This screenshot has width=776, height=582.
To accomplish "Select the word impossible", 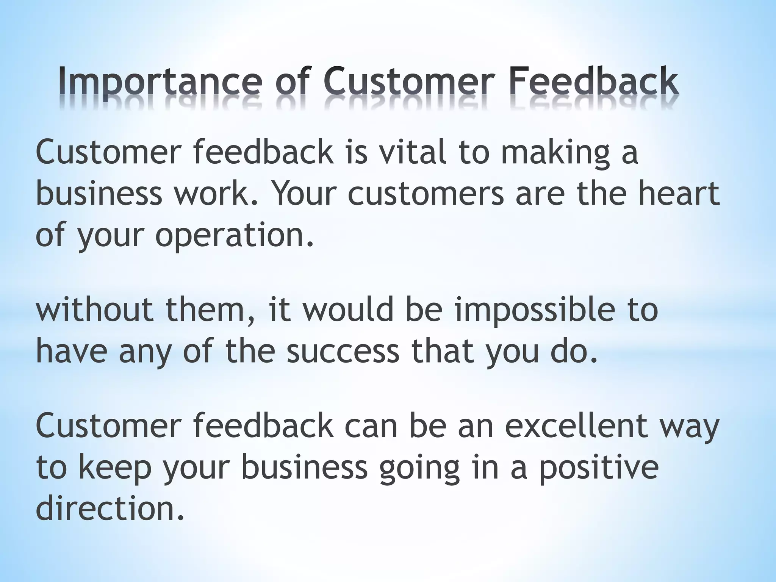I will pos(534,311).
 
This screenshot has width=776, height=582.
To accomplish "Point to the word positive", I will pos(599,468).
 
